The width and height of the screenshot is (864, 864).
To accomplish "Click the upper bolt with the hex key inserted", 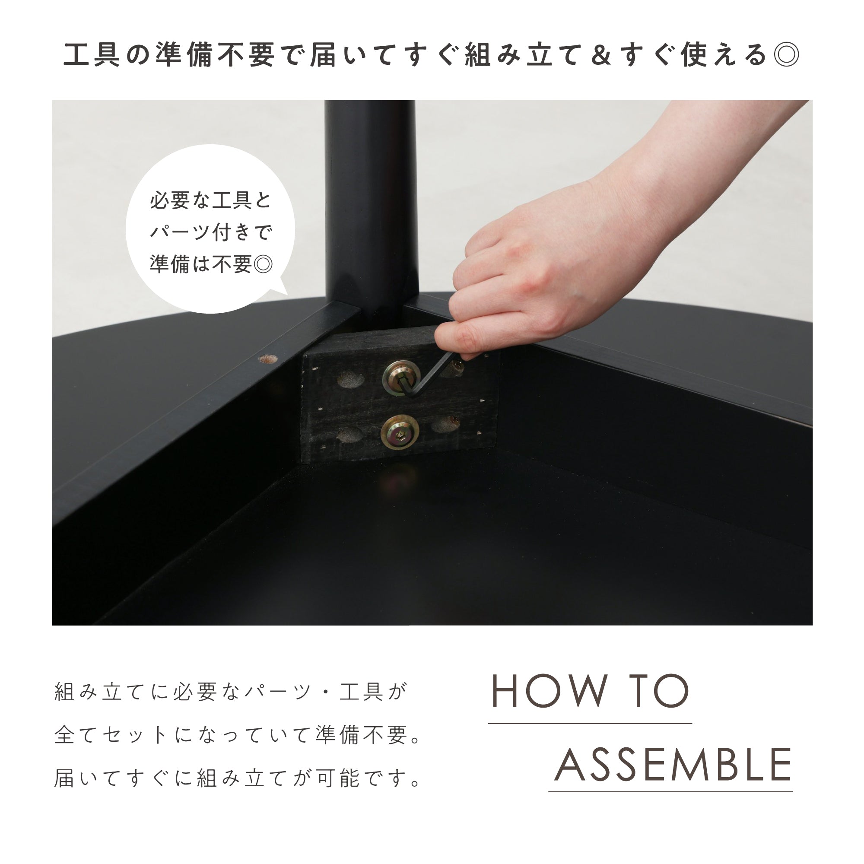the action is pyautogui.click(x=402, y=378).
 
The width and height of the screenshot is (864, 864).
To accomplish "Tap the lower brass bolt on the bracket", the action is pyautogui.click(x=400, y=432).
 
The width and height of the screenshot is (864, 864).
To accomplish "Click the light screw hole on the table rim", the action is pyautogui.click(x=267, y=359).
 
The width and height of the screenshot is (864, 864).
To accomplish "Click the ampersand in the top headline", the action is pyautogui.click(x=600, y=55).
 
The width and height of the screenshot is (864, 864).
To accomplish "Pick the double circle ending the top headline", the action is pyautogui.click(x=787, y=55).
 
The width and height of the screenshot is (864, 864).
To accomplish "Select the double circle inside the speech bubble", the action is pyautogui.click(x=263, y=264).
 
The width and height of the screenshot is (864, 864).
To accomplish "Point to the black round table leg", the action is pyautogui.click(x=371, y=206).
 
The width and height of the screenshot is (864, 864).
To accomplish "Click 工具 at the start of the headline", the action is pyautogui.click(x=92, y=55).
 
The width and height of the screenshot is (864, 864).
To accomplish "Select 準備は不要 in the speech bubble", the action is pyautogui.click(x=201, y=264).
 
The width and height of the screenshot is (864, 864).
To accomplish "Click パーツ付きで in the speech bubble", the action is pyautogui.click(x=211, y=232).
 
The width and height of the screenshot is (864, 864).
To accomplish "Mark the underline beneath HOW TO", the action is pyautogui.click(x=590, y=723).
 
